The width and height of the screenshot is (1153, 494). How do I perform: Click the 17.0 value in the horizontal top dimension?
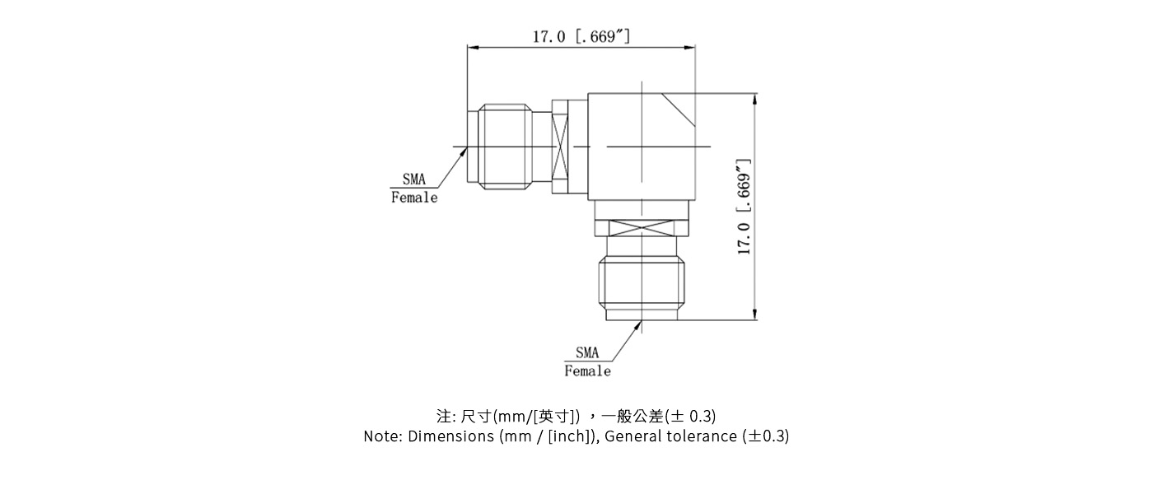click(548, 37)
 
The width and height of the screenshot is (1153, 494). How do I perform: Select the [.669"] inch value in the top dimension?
click(603, 37)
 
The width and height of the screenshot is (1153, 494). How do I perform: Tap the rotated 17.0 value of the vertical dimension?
click(745, 238)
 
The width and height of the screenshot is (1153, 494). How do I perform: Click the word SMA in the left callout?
click(414, 180)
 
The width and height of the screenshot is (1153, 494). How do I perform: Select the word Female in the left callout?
click(414, 198)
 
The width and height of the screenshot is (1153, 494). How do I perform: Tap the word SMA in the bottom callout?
click(587, 353)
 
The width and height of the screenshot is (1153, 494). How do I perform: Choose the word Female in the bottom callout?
click(587, 371)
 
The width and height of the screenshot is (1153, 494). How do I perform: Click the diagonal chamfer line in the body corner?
click(680, 110)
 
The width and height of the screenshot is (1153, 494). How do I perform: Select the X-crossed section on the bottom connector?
click(642, 228)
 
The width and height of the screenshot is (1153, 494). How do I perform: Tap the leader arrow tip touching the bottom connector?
click(641, 324)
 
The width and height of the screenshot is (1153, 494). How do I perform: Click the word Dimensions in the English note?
click(451, 436)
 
